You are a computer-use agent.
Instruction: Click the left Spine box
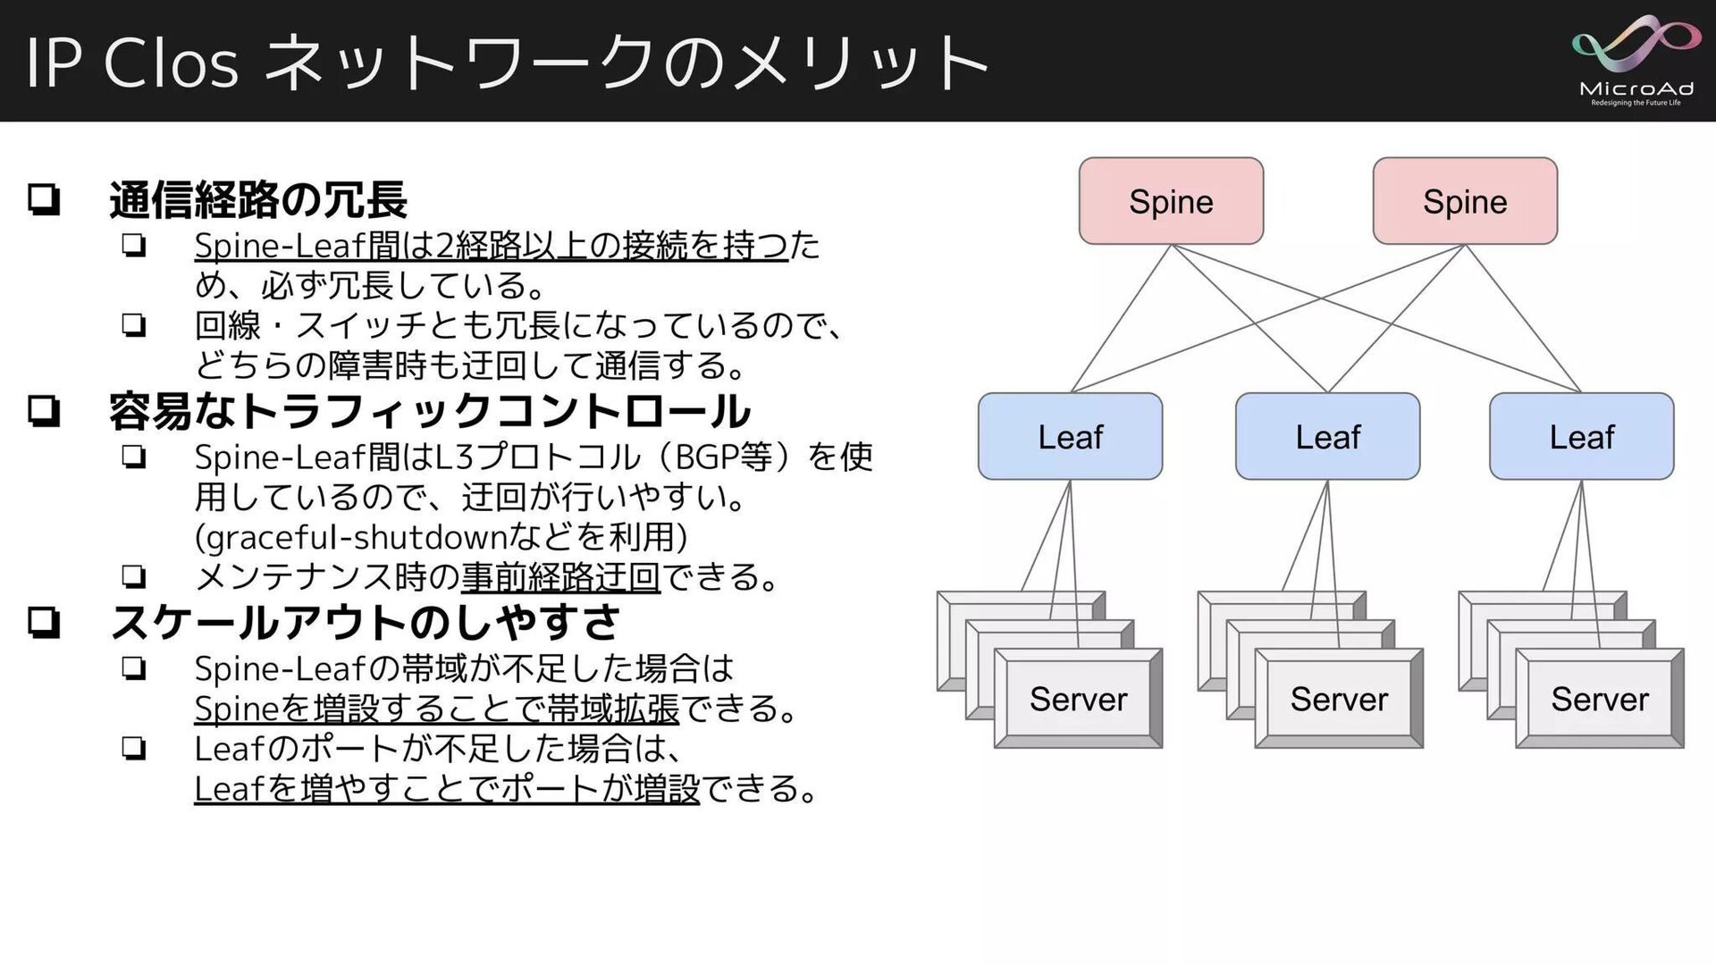(x=1171, y=201)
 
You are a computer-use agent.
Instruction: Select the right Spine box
(x=1465, y=201)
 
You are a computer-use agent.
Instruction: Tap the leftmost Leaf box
(x=1070, y=436)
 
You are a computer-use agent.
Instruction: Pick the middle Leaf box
(x=1327, y=436)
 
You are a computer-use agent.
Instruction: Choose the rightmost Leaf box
(x=1581, y=436)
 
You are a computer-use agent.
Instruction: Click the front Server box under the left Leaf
(x=1078, y=699)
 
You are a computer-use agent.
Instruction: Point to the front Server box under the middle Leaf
(x=1339, y=699)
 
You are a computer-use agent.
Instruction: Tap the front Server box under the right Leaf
(x=1600, y=699)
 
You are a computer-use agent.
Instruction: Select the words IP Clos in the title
(x=132, y=63)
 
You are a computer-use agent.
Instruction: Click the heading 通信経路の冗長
(x=258, y=200)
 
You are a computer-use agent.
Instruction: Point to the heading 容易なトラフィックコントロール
(x=429, y=411)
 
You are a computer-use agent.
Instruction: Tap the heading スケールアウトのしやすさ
(x=365, y=623)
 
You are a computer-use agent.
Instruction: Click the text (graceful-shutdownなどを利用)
(x=441, y=537)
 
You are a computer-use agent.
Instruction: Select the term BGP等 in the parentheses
(x=723, y=457)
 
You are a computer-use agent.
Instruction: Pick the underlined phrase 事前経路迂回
(x=560, y=577)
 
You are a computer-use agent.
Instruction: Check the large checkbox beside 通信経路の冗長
(x=44, y=199)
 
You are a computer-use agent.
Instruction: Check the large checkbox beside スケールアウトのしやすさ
(x=44, y=623)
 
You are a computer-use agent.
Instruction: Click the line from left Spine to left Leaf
(x=1121, y=318)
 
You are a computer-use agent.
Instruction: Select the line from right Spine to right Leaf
(x=1523, y=318)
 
